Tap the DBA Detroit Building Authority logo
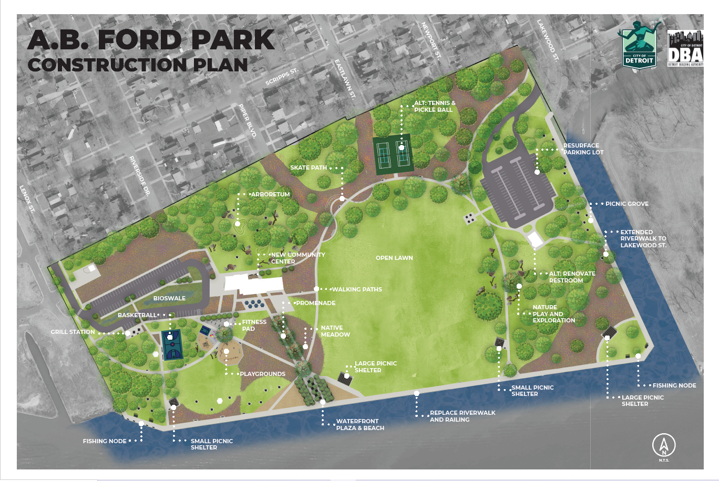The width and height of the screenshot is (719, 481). click(685, 48)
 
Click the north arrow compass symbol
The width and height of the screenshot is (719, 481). click(664, 446)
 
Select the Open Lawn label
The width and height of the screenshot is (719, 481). click(394, 258)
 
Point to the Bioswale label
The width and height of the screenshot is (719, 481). click(169, 298)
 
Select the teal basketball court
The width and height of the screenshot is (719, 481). click(172, 344)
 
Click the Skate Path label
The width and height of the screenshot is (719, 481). click(309, 168)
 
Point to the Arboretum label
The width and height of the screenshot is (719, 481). click(270, 194)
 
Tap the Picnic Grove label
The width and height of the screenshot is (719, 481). click(626, 204)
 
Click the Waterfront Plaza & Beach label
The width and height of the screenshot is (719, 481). click(360, 424)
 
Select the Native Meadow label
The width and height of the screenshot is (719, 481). click(335, 331)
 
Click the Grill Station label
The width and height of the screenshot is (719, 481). click(73, 332)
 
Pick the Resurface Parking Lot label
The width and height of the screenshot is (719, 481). click(583, 149)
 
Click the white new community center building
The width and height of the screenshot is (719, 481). click(254, 284)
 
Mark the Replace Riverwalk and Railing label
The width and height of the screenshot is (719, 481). click(463, 416)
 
